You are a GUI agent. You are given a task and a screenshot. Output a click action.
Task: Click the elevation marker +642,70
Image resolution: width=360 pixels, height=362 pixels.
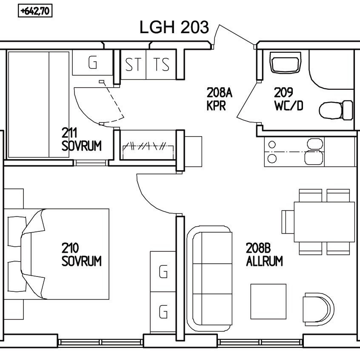click(35, 11)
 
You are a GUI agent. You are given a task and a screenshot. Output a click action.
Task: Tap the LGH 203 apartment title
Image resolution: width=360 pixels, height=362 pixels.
click(174, 27)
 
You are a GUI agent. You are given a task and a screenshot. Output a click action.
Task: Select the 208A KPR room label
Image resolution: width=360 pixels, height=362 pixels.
click(220, 99)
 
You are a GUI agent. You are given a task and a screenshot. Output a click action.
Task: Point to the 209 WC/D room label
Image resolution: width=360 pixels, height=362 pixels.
click(289, 99)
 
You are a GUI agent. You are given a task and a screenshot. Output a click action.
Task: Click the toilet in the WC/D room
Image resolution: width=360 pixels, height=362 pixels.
click(336, 110)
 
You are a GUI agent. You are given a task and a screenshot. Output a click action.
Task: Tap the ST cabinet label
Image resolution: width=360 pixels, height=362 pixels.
click(133, 64)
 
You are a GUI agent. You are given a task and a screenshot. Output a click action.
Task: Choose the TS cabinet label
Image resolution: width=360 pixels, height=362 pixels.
click(161, 64)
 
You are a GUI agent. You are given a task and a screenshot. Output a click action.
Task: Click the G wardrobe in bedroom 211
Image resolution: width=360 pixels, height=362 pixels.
click(93, 63)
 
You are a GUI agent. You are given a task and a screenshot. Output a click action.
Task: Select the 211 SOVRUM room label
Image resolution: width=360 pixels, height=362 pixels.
click(81, 140)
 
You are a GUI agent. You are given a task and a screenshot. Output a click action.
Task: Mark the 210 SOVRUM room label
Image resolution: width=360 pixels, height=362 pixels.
click(81, 254)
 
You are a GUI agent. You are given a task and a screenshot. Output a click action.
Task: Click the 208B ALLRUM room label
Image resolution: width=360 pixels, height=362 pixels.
click(264, 254)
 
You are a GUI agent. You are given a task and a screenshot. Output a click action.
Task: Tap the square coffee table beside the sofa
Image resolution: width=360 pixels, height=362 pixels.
click(269, 302)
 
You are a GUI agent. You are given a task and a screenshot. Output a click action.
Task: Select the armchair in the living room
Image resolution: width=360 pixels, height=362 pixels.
click(319, 309)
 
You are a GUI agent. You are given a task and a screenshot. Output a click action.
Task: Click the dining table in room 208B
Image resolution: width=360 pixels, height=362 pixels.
click(324, 222)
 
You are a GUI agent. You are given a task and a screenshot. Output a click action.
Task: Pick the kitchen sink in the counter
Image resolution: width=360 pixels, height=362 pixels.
click(314, 151)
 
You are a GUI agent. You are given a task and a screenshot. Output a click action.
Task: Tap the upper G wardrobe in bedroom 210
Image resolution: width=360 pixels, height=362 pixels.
click(163, 271)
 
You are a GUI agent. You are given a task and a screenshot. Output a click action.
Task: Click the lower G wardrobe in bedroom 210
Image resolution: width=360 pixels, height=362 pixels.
click(163, 312)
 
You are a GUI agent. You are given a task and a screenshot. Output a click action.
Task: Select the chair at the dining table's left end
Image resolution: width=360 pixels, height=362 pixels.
click(288, 222)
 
